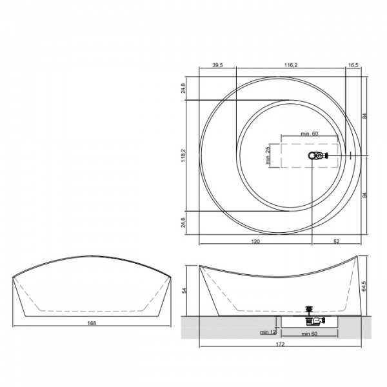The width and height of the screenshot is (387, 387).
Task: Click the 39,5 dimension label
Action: [x=218, y=65]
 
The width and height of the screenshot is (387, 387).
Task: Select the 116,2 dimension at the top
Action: [x=291, y=65]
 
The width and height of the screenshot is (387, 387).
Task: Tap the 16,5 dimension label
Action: [x=353, y=65]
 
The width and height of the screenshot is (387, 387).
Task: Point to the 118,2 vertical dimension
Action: [x=183, y=155]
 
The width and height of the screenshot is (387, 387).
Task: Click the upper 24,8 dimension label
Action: [x=183, y=88]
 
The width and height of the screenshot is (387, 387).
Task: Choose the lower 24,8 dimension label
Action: [x=183, y=223]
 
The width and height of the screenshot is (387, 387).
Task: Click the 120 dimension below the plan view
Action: [x=255, y=241]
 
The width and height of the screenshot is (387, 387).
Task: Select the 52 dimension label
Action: [x=337, y=241]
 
